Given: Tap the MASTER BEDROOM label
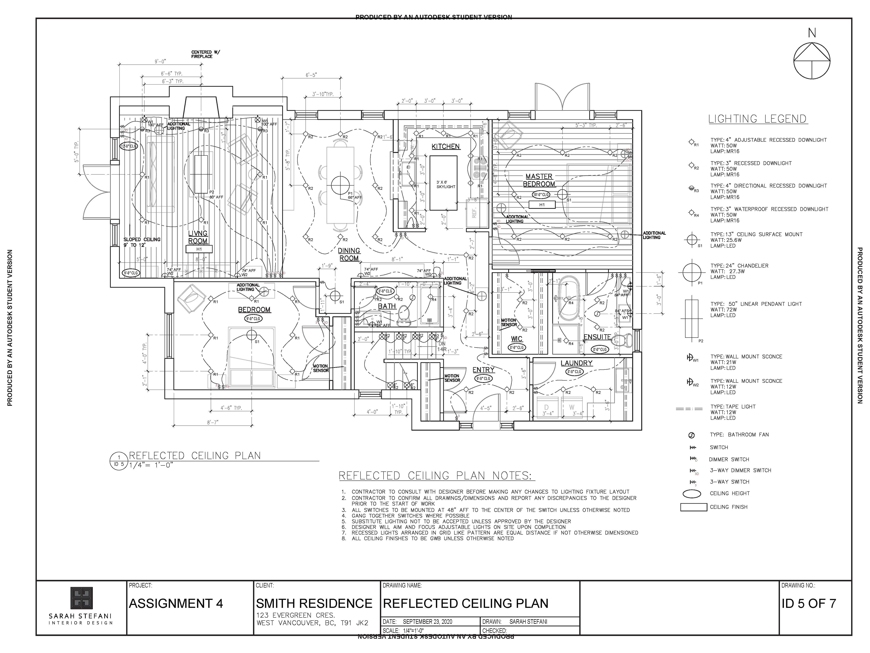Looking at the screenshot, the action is coord(539,180).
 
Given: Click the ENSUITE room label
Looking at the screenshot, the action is coord(597,337).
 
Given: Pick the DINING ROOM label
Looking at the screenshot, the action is coord(349,254).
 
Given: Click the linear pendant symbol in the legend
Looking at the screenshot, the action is coord(691,318).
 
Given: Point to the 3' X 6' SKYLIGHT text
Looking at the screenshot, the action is coord(446,184).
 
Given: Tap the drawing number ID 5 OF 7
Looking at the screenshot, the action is coord(809,603).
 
